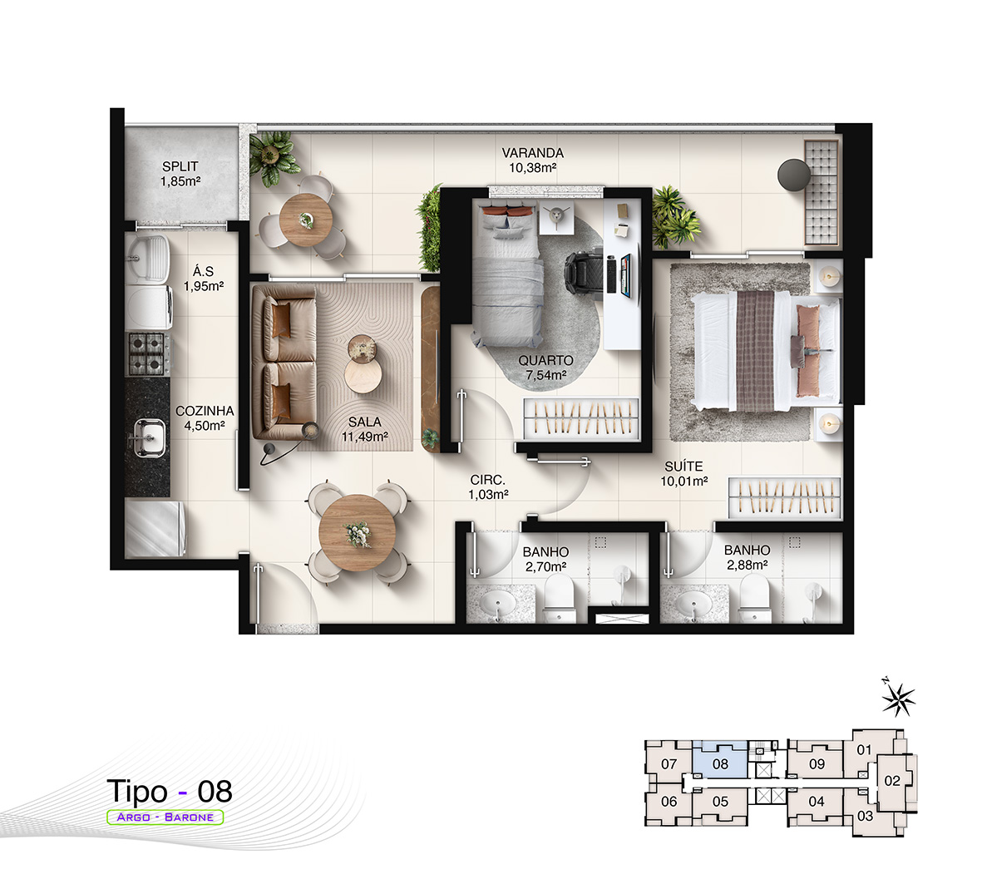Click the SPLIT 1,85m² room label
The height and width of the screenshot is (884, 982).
tap(180, 174)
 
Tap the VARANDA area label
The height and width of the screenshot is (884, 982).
tap(533, 153)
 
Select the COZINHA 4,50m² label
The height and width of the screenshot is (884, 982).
tap(205, 417)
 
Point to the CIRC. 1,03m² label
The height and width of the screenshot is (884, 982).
tap(488, 486)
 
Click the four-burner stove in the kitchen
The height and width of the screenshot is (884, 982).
tap(147, 353)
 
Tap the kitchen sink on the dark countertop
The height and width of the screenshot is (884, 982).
tap(149, 437)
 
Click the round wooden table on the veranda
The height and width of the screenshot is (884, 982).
tap(306, 220)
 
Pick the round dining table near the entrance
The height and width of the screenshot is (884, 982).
tap(357, 533)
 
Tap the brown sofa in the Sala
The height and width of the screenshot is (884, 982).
tap(284, 362)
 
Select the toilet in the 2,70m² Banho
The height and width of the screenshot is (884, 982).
tap(559, 600)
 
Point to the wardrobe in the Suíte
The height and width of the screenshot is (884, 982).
tap(784, 497)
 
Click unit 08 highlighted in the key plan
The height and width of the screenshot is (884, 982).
tap(719, 761)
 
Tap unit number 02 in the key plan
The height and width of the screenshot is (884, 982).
tap(892, 781)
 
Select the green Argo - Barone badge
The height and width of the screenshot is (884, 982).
tap(165, 817)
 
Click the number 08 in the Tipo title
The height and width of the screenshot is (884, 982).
tap(215, 792)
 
